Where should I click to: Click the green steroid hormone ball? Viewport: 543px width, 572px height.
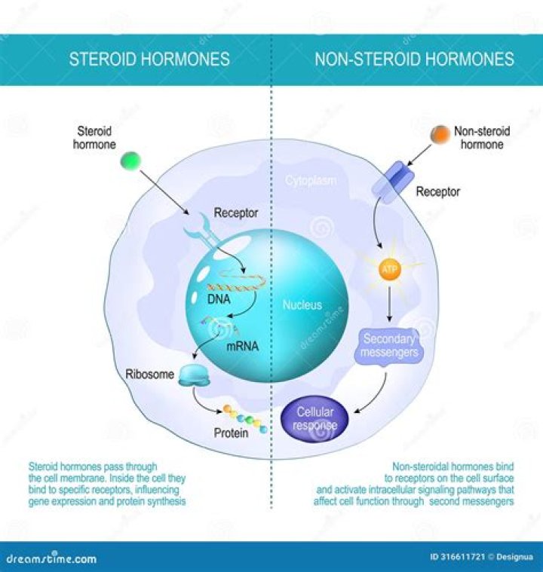tap(131, 161)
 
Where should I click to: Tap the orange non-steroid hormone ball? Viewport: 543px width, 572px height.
tap(440, 135)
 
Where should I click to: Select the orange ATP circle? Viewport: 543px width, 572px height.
tap(390, 270)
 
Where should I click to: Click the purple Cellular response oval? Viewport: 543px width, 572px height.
tap(315, 419)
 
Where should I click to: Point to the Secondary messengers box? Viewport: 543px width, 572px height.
tap(390, 345)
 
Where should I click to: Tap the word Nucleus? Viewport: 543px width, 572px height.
tap(302, 305)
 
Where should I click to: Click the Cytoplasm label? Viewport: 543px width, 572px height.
tap(311, 181)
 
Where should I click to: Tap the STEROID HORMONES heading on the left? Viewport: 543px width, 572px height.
tap(149, 59)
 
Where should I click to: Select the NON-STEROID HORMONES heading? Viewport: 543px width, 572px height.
tap(414, 59)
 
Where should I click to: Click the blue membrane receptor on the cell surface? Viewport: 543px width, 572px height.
tap(391, 182)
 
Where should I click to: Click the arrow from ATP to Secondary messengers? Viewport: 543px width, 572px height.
tap(390, 305)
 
